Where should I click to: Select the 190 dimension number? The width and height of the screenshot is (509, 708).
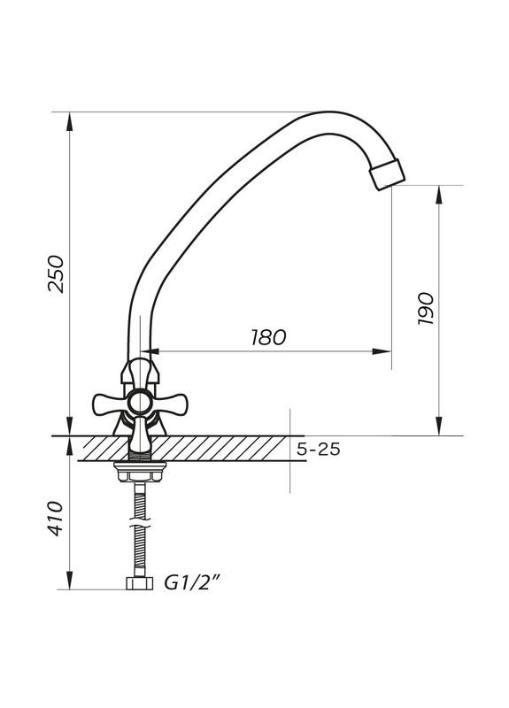tap(425, 310)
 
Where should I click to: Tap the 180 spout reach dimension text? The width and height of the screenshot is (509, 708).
tap(268, 337)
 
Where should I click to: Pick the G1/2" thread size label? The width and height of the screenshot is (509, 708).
tap(192, 583)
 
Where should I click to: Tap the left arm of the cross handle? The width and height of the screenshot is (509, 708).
tap(106, 404)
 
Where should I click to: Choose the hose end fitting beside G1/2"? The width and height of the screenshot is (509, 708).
tap(140, 584)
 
